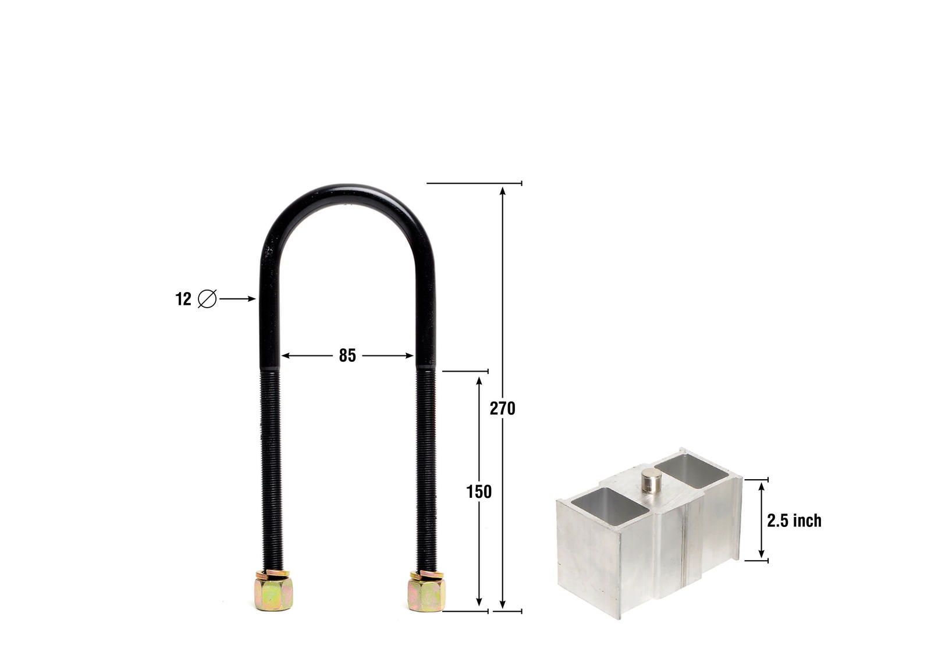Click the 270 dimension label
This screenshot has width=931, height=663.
pos(502,409)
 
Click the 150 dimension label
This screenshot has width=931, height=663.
pos(479,492)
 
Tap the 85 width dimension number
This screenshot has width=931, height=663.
pos(347,355)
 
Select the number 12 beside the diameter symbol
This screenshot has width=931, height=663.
pos(183,299)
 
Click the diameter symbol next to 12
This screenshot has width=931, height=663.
pos(207,299)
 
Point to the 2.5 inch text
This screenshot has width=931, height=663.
pos(794,521)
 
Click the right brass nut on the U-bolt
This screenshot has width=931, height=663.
pos(427,593)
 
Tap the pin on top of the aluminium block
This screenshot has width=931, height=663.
pos(651,482)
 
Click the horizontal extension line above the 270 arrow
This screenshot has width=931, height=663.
pos(474,183)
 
